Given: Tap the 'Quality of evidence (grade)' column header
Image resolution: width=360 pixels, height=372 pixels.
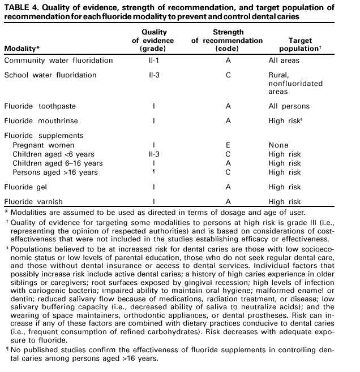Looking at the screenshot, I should click(x=153, y=41).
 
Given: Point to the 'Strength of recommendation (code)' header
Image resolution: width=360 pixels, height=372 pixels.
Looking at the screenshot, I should click(x=227, y=41).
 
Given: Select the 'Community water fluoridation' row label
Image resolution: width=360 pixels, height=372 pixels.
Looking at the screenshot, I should click(x=58, y=60).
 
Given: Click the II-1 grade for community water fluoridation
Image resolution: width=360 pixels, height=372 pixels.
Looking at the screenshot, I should click(x=154, y=60).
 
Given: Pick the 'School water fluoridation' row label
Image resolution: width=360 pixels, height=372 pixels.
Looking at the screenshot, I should click(x=50, y=75).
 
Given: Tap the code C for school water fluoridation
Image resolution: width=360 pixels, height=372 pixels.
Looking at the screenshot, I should click(x=227, y=75).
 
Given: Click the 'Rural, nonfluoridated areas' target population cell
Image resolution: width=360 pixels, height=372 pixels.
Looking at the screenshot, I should click(x=295, y=84).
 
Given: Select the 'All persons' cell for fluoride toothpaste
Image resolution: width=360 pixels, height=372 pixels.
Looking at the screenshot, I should click(x=289, y=106).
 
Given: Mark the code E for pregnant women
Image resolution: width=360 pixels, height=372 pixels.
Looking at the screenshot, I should click(x=227, y=145).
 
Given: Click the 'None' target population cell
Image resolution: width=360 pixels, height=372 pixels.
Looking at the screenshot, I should click(x=278, y=145).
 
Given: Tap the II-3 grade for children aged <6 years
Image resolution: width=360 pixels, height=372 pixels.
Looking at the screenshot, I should click(x=154, y=154).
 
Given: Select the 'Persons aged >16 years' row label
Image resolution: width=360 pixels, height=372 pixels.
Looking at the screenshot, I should click(x=55, y=172).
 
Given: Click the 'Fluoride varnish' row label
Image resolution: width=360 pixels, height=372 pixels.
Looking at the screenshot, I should click(x=33, y=201).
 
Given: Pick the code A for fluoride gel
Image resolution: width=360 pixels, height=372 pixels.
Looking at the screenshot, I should click(x=227, y=187).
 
